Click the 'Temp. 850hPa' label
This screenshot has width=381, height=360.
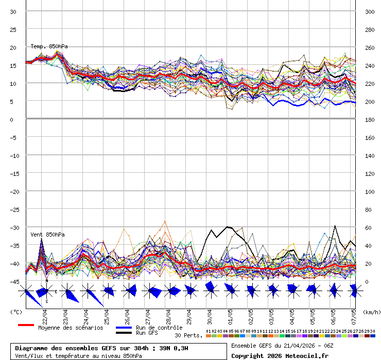[49, 46]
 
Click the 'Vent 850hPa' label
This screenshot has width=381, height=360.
[47, 235]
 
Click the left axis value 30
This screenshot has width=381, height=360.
[13, 11]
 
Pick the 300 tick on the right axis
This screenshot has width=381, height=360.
[369, 11]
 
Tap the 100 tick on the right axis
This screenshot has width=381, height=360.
[369, 191]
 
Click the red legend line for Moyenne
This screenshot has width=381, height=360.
[26, 325]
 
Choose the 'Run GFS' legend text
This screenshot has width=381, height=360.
[147, 333]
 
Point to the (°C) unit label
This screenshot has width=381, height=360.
[16, 312]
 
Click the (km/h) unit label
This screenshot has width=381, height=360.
[371, 312]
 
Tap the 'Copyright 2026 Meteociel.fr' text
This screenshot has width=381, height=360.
[280, 355]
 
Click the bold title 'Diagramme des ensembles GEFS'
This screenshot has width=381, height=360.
[77, 348]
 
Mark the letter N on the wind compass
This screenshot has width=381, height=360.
[47, 281]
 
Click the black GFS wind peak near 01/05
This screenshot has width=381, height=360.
[227, 227]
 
